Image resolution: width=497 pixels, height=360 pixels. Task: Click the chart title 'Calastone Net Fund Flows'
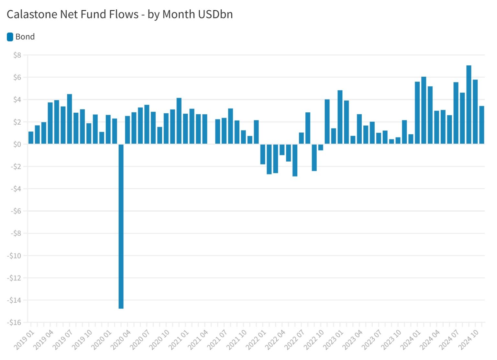coord(72,15)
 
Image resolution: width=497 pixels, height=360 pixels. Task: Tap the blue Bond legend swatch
coord(10,37)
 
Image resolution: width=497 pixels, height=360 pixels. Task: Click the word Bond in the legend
coord(25,37)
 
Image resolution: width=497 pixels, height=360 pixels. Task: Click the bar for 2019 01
coord(31,138)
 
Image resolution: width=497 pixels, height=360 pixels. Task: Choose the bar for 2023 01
coord(340,117)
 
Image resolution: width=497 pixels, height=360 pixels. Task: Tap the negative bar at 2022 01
coord(263,154)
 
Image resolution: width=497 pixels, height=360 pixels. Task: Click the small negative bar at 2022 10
coord(321,147)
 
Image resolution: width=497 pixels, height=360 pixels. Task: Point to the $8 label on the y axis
coord(17,55)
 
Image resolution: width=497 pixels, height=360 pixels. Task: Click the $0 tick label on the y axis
coord(17,144)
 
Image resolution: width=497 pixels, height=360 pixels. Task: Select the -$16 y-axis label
coord(14,322)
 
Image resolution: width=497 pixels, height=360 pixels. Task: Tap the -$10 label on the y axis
coord(14,256)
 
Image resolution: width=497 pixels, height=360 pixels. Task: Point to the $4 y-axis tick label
coord(17,100)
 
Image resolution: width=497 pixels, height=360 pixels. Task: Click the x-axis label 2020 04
coord(121,340)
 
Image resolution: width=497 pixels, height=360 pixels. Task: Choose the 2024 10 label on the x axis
coord(469,340)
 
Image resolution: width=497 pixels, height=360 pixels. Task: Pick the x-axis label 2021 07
coord(217,340)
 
